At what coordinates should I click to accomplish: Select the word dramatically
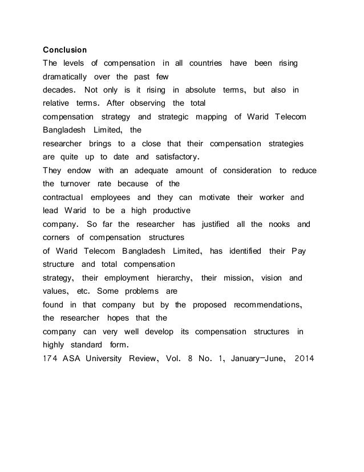65,76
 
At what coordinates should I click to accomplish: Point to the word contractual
66,197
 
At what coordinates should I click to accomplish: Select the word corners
59,238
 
